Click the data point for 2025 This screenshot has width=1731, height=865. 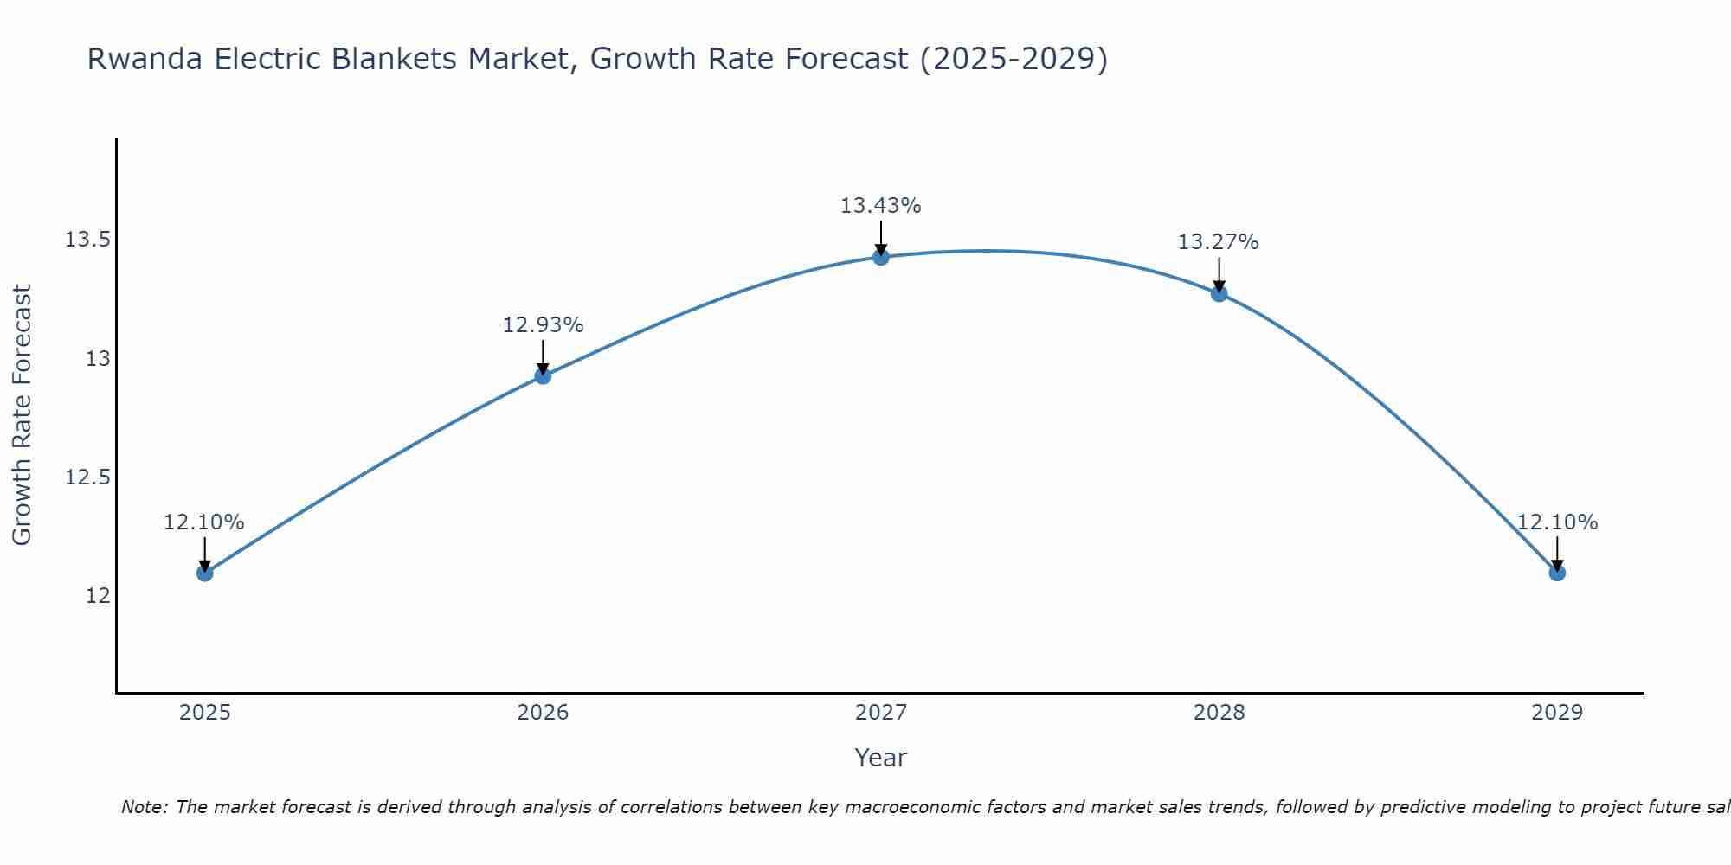coord(204,573)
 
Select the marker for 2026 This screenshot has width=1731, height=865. coord(543,375)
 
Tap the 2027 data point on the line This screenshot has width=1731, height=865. coord(881,257)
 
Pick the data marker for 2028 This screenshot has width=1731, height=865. coord(1219,293)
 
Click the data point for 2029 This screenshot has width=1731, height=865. coord(1557,573)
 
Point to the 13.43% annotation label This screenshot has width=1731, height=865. coord(881,206)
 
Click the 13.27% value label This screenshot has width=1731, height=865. coord(1219,242)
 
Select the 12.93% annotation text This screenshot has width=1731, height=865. coord(543,325)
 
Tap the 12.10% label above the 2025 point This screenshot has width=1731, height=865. coord(204,522)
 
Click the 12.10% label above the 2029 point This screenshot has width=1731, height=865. coord(1557,522)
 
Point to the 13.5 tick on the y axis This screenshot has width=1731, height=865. coord(87,240)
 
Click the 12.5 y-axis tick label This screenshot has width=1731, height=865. coord(87,477)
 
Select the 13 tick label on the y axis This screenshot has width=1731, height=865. coord(98,358)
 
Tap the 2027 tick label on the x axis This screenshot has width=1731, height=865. coord(881,713)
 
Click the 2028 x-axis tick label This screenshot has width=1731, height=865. coord(1219,713)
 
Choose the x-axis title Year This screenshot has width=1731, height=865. coord(881,758)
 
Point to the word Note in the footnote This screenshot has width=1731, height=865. coord(144,807)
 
